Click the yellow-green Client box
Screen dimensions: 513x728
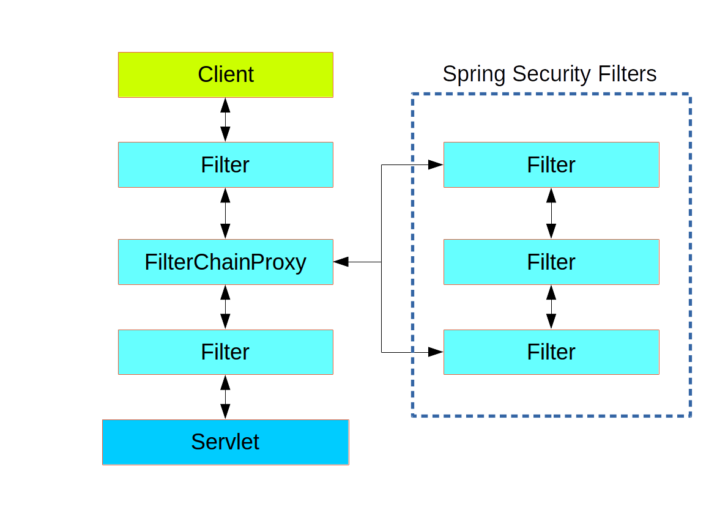225,75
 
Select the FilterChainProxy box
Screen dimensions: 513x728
225,262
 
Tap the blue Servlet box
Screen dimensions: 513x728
225,442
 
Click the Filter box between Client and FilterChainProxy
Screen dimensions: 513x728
225,165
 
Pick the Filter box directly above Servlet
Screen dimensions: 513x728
225,352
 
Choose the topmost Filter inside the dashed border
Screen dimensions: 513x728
551,165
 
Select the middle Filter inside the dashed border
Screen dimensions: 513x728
551,262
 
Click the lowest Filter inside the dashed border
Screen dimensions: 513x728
551,352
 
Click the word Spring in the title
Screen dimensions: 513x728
474,74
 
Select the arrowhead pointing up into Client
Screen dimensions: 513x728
225,105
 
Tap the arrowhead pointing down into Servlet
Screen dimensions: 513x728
225,412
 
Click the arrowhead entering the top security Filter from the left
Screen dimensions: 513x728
436,164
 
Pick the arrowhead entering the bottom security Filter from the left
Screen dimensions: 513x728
436,352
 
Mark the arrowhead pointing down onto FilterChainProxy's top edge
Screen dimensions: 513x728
225,231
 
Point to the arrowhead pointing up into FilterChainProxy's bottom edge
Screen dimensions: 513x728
225,292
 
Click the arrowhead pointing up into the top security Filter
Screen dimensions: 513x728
551,195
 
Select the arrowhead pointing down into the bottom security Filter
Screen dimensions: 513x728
551,321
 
